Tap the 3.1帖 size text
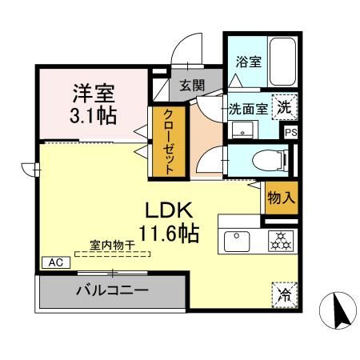[93, 114]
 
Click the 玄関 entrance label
[191, 86]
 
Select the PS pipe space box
[289, 132]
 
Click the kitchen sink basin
[238, 239]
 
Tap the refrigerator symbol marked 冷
[285, 294]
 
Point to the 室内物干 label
[111, 246]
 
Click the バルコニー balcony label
[111, 290]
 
